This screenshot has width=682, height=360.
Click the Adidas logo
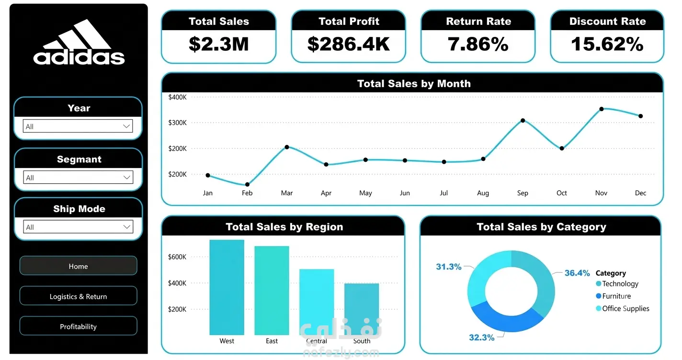[79, 42]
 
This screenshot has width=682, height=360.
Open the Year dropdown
[78, 126]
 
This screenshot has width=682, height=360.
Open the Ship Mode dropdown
[78, 227]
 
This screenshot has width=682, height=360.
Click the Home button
[78, 266]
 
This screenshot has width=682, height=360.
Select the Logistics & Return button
[78, 296]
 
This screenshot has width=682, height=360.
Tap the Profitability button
[78, 326]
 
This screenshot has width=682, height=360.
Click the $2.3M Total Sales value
[218, 44]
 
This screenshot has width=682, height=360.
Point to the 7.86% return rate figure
[478, 44]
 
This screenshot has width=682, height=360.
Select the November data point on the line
[602, 109]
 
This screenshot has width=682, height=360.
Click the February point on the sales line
[247, 184]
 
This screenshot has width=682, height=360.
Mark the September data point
[523, 121]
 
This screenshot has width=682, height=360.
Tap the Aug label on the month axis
[483, 193]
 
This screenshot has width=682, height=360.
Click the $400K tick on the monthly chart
[178, 97]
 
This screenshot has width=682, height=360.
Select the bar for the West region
[227, 287]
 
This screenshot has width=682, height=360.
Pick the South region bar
[362, 309]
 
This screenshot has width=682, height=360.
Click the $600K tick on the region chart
[177, 257]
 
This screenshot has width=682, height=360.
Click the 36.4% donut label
[577, 273]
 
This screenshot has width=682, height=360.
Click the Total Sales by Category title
[541, 227]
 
